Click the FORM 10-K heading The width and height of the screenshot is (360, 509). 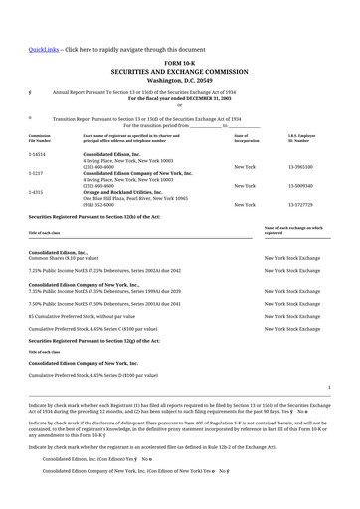179,63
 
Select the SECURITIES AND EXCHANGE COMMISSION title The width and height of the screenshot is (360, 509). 179,72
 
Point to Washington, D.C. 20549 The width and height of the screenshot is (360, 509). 179,80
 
